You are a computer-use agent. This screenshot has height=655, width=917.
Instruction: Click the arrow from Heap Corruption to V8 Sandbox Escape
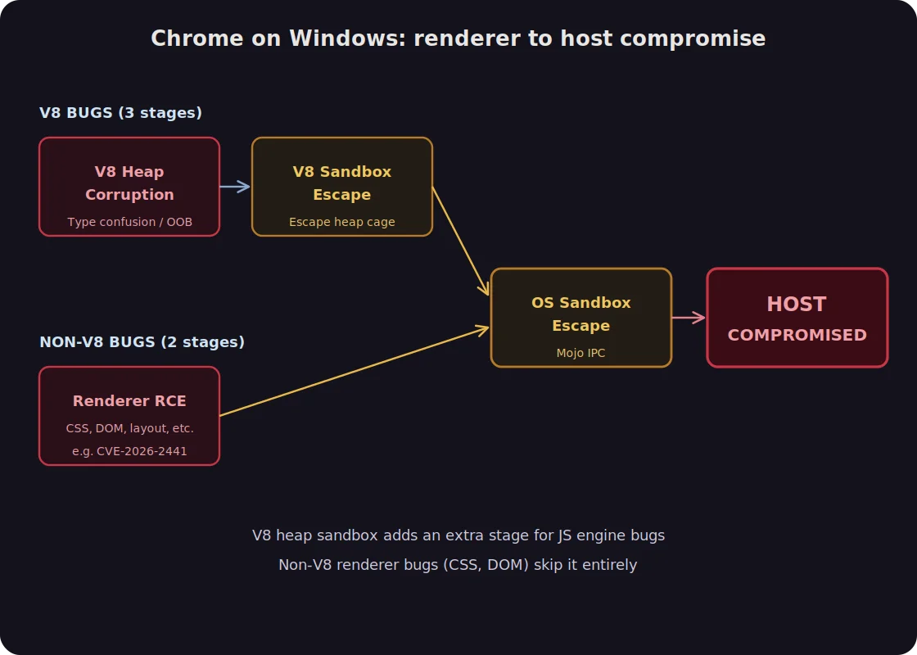[235, 187]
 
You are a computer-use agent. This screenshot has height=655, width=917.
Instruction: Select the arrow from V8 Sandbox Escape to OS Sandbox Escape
[460, 240]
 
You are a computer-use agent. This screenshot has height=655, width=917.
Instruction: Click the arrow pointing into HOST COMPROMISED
[689, 318]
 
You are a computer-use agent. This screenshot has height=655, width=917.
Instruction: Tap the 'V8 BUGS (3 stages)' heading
[120, 113]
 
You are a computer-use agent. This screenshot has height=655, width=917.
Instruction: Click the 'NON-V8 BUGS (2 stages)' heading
[142, 342]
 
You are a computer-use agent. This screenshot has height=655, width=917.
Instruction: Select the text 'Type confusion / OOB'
[129, 222]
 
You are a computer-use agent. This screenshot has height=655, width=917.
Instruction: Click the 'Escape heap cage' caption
[341, 222]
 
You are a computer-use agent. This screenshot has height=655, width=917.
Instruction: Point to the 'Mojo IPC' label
[580, 353]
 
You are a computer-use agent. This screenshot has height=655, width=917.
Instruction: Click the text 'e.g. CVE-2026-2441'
[129, 451]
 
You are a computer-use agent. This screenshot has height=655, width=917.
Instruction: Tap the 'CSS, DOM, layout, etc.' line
[129, 428]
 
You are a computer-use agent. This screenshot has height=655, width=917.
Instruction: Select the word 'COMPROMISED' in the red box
[797, 335]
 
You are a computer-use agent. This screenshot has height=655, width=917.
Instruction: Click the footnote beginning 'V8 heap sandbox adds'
[458, 535]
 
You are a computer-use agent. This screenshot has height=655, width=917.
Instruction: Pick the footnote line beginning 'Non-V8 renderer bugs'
[458, 565]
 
